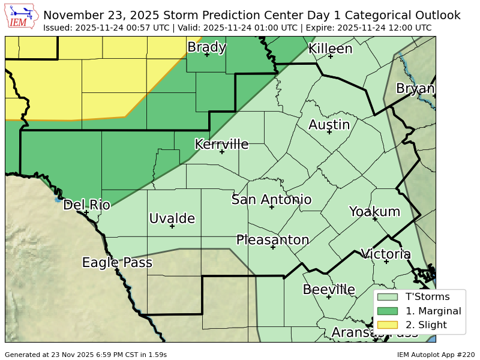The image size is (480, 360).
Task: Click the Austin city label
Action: coord(329,125)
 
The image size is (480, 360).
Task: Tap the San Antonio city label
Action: coord(271,200)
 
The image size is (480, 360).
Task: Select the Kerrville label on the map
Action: coord(221,144)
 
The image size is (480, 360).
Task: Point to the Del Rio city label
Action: coord(86,205)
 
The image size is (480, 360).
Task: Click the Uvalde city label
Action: coord(172,218)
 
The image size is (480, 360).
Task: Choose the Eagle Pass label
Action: coord(117,263)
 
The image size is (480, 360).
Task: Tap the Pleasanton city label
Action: coord(272,240)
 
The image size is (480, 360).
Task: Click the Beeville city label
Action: coord(329,290)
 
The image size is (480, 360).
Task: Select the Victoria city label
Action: coord(386,254)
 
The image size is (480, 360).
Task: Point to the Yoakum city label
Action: coord(374,211)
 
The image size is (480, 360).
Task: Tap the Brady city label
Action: coord(206,47)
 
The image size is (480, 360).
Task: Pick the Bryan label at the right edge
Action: coord(415,89)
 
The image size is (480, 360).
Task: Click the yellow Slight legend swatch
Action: coord(388,325)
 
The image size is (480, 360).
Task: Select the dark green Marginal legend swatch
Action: coord(388,311)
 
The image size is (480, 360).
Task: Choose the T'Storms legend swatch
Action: coord(388,296)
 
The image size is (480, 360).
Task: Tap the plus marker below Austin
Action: coord(329,131)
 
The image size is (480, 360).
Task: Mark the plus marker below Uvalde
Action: coord(172,226)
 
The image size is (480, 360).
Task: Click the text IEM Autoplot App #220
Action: coord(436,355)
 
